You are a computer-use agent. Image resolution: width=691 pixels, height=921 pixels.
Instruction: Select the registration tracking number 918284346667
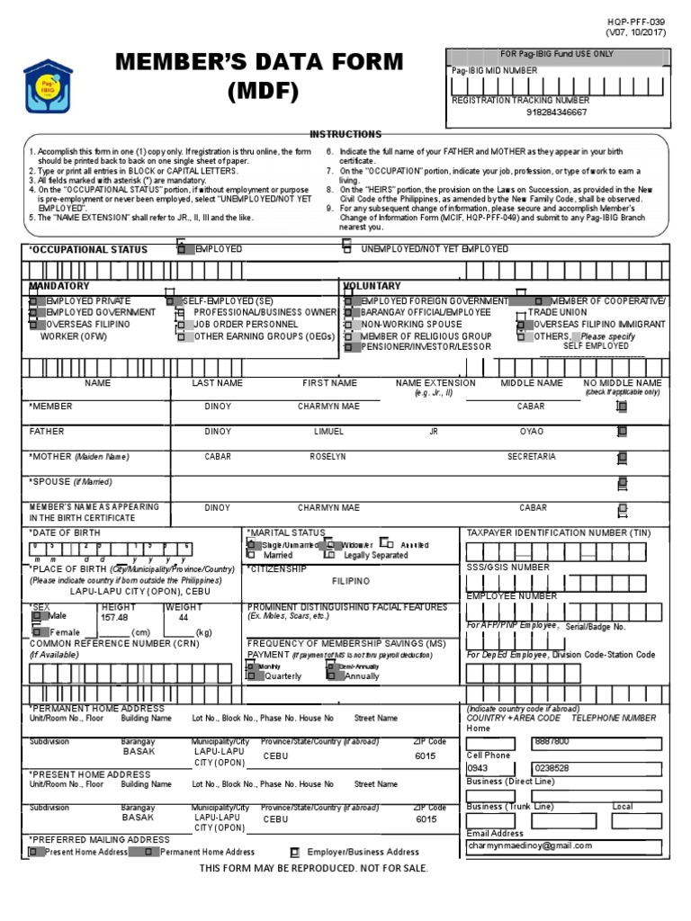click(x=556, y=112)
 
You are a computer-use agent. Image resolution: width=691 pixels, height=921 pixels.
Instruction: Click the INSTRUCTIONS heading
click(x=345, y=134)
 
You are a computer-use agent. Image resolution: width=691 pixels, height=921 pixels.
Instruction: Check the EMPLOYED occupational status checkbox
click(x=182, y=248)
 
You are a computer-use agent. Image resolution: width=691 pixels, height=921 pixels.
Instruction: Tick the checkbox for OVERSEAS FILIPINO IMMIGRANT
click(x=521, y=325)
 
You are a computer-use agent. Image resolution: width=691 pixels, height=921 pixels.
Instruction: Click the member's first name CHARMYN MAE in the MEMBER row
click(x=328, y=407)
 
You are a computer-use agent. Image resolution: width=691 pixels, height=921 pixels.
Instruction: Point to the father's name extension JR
click(x=434, y=432)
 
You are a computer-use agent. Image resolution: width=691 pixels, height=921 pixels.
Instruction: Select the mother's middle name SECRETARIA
click(x=531, y=457)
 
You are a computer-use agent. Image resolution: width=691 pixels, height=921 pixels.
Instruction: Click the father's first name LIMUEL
click(x=328, y=432)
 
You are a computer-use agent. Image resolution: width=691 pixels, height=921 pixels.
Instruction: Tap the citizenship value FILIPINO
click(x=350, y=582)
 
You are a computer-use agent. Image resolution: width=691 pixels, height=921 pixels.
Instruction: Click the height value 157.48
click(x=115, y=618)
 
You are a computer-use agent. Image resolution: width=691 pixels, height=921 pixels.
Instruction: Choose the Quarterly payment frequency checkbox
click(x=251, y=675)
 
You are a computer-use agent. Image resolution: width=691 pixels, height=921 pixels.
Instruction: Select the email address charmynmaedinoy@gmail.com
click(x=530, y=845)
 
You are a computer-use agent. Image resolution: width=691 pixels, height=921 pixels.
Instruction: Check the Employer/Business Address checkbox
click(x=295, y=852)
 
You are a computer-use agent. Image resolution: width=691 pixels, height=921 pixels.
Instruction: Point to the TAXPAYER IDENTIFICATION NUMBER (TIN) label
click(x=558, y=533)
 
